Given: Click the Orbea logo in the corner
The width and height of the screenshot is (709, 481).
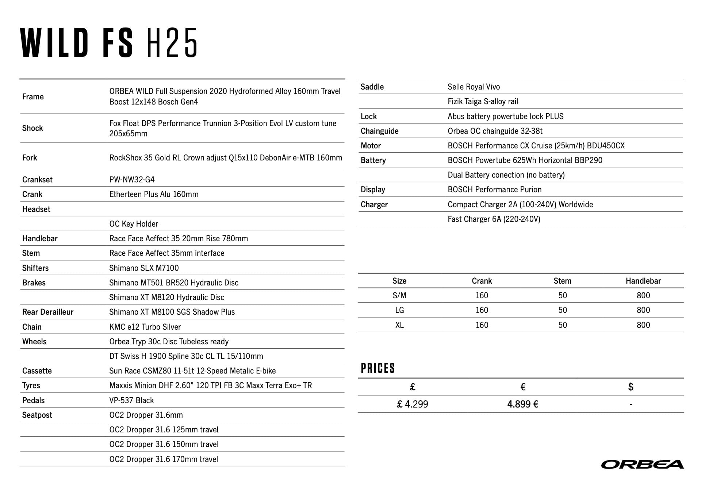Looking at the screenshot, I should pyautogui.click(x=642, y=464).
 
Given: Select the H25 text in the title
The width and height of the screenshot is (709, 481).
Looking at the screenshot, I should pyautogui.click(x=172, y=43).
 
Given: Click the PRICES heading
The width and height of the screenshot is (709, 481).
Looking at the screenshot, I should pyautogui.click(x=378, y=368).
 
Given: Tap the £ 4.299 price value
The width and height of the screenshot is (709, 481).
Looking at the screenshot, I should pyautogui.click(x=412, y=404).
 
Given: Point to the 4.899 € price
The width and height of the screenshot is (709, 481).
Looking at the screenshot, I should pyautogui.click(x=522, y=404).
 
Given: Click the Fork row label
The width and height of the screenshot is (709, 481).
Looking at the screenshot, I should pyautogui.click(x=30, y=158).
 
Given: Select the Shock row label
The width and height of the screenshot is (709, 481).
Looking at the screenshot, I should pyautogui.click(x=32, y=128).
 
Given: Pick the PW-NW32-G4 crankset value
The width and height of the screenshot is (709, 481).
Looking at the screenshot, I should pyautogui.click(x=132, y=179).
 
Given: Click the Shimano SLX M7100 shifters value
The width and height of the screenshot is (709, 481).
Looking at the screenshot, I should pyautogui.click(x=144, y=268).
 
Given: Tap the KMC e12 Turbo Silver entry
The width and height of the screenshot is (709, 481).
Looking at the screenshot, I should pyautogui.click(x=145, y=327).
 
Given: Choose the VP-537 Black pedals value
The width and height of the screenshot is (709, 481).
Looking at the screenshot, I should pyautogui.click(x=131, y=400).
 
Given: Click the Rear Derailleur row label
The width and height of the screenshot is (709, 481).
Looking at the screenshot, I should pyautogui.click(x=48, y=312).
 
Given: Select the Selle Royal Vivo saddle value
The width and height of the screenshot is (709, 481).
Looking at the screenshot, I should pyautogui.click(x=474, y=87).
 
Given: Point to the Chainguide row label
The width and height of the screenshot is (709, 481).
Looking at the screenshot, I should pyautogui.click(x=379, y=131).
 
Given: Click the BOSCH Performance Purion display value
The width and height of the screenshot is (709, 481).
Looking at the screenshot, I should pyautogui.click(x=494, y=189).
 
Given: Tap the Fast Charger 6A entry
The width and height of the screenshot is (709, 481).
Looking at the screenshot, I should pyautogui.click(x=494, y=219).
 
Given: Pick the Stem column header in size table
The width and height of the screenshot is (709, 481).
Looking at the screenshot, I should pyautogui.click(x=562, y=281).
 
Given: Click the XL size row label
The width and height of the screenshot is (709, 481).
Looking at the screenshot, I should pyautogui.click(x=399, y=325).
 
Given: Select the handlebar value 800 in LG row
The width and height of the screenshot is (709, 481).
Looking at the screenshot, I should pyautogui.click(x=643, y=310).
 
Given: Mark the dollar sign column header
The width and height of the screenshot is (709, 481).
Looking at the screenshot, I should pyautogui.click(x=631, y=387).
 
